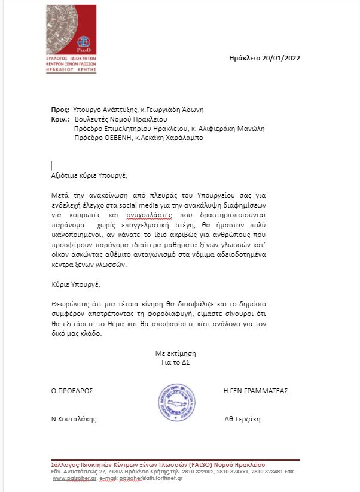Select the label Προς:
coord(60,110)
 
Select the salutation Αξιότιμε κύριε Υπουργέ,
coord(90,175)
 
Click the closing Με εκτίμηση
coord(175,353)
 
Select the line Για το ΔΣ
coord(175,362)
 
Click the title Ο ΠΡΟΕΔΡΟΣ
coord(72,391)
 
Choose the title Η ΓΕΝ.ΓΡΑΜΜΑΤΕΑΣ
coord(255,391)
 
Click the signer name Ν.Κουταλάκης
coord(74,419)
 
